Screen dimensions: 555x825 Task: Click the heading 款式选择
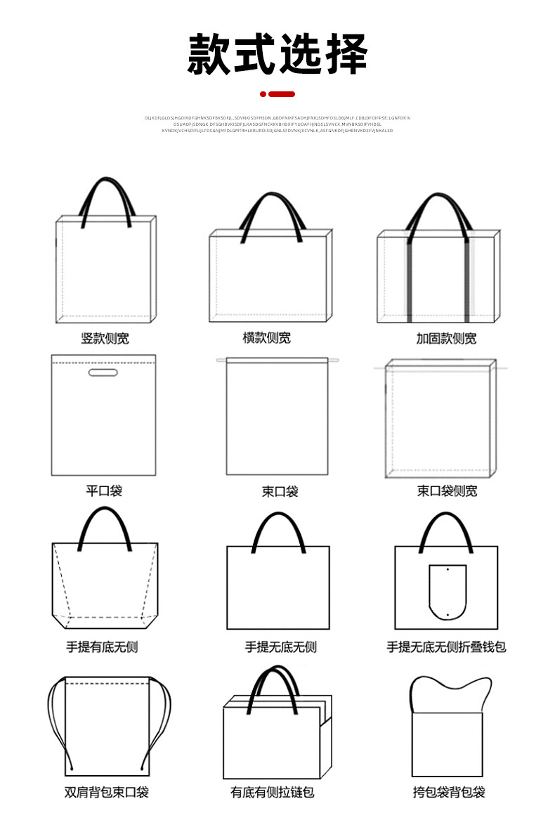point(277,53)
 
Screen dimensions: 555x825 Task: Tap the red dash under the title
point(282,94)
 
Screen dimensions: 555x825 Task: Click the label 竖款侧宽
point(105,339)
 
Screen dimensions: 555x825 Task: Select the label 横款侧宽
point(267,338)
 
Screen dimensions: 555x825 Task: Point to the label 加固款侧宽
point(446,339)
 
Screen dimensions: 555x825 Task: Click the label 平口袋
point(104,491)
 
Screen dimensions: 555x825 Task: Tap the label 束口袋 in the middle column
point(280,491)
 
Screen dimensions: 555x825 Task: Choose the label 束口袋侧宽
point(447,491)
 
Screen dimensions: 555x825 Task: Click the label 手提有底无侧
point(102,647)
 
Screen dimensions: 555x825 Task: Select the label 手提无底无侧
point(280,647)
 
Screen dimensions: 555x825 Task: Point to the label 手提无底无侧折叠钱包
point(447,647)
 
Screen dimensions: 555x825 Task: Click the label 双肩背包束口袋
point(107,793)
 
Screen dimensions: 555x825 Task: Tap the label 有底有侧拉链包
point(272,793)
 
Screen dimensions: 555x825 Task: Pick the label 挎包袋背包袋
point(448,793)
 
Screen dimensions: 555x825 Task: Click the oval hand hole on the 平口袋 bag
point(100,372)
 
